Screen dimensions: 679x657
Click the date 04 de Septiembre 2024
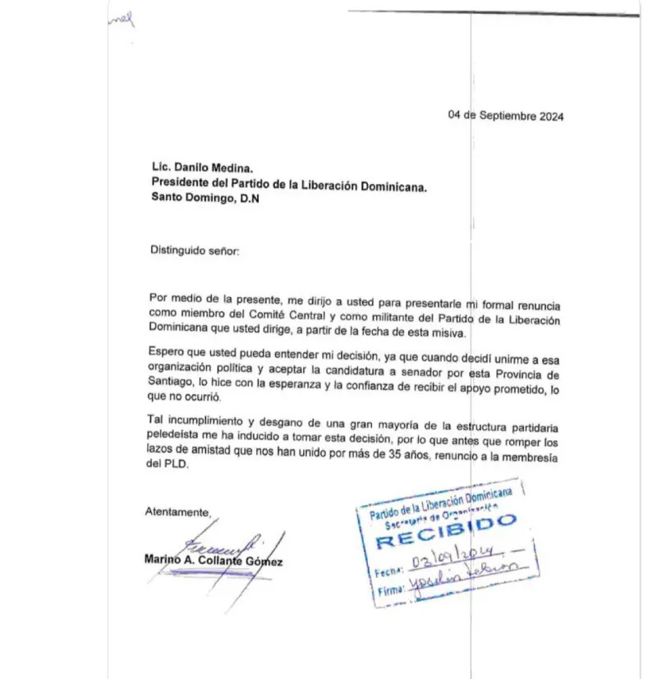pos(505,116)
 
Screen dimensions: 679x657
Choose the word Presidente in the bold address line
pos(180,183)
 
